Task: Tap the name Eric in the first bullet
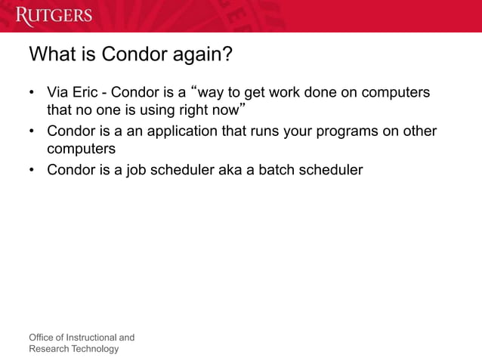89,93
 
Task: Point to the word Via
59,93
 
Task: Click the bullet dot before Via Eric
32,94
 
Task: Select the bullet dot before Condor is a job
32,170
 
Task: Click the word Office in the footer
42,337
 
